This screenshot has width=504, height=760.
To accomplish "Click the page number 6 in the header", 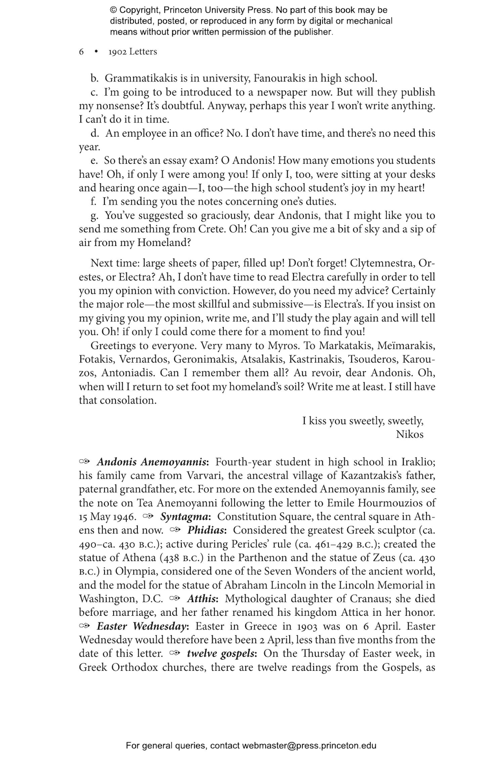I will pos(81,52).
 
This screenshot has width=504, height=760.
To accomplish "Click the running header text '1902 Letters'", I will pos(132,52).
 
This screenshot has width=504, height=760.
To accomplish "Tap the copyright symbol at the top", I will pos(113,10).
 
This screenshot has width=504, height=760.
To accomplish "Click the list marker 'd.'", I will pos(95,133).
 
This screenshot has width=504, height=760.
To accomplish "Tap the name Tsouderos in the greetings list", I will pos(372,359).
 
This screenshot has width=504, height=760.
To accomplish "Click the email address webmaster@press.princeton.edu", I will pos(309,746).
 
